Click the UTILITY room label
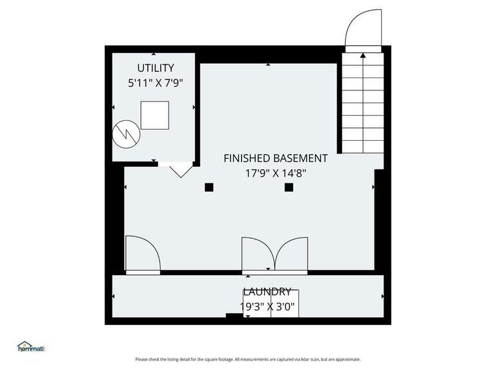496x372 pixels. click(155, 68)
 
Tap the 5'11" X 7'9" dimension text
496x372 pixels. click(155, 83)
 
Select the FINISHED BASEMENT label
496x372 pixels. click(275, 158)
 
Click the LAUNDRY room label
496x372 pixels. click(267, 292)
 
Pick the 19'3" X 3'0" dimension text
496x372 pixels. click(267, 307)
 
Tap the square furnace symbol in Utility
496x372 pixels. click(154, 116)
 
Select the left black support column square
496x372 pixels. click(209, 187)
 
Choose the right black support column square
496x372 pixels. click(289, 187)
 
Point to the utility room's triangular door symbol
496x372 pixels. click(180, 170)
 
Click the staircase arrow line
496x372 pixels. click(363, 103)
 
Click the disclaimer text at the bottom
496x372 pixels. click(248, 360)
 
